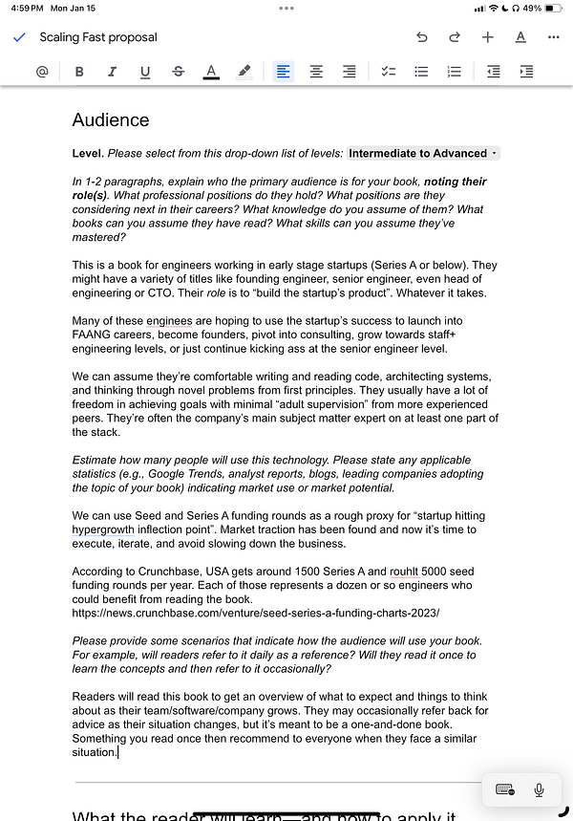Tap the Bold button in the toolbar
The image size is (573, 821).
[x=79, y=72]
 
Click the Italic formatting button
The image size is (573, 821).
[x=112, y=72]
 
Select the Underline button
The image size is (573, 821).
[x=145, y=72]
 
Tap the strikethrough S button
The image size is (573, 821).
[x=179, y=72]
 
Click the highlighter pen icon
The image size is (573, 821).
[x=244, y=72]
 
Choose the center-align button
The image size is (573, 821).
[x=316, y=72]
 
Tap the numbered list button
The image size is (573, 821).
[x=455, y=72]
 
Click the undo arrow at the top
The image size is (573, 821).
[x=422, y=37]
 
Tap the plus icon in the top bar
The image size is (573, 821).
[x=487, y=37]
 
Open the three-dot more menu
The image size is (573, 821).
[x=554, y=37]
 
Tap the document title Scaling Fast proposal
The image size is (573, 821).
[x=98, y=37]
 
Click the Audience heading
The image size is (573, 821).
[x=111, y=120]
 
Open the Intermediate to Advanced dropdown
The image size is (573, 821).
[x=422, y=154]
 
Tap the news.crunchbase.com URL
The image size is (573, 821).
[x=256, y=612]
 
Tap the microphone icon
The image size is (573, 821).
[x=540, y=789]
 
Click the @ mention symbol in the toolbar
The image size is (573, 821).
[x=42, y=72]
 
